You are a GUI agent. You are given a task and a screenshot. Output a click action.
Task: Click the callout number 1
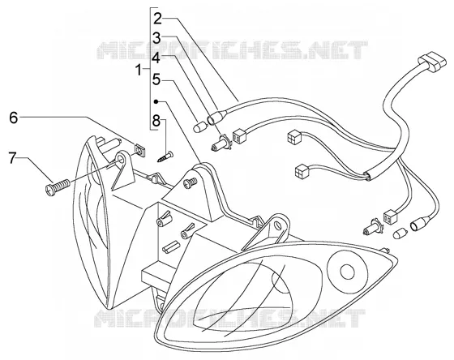(x=139, y=70)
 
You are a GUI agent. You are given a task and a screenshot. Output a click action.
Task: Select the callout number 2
(x=158, y=19)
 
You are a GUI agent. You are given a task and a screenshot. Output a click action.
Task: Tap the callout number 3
(x=156, y=38)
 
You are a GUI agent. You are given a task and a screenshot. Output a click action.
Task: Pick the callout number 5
(x=156, y=79)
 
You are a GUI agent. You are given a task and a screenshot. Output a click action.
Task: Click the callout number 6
(x=13, y=118)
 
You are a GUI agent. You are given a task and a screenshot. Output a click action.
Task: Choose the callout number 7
(x=12, y=158)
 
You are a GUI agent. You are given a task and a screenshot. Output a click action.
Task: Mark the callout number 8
(x=156, y=121)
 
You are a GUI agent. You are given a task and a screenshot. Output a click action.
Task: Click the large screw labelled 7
(x=58, y=186)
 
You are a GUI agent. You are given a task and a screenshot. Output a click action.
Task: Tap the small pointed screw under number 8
(x=165, y=156)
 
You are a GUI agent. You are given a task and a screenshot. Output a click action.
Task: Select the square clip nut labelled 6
(x=140, y=151)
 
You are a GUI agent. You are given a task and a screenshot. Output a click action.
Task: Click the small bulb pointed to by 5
(x=199, y=126)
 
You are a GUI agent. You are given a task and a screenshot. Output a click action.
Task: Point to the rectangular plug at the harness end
(x=430, y=63)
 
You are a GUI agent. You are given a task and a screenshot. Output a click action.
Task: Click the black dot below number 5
(x=156, y=101)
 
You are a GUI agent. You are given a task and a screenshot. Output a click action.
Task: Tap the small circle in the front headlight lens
(x=347, y=272)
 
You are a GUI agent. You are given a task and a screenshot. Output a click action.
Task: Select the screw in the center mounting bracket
(x=191, y=183)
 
